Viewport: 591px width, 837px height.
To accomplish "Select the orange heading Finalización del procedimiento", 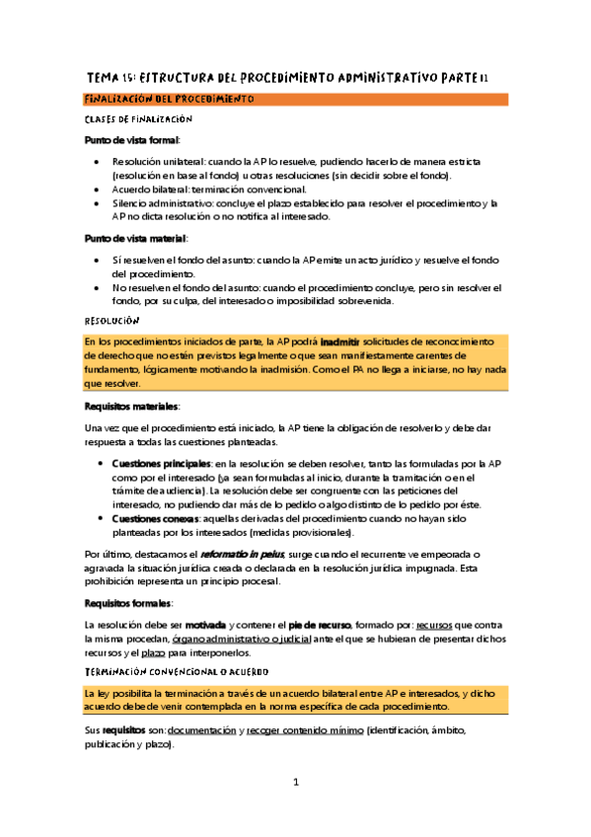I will click(170, 100).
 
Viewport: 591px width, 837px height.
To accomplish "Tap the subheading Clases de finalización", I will click(136, 119).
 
